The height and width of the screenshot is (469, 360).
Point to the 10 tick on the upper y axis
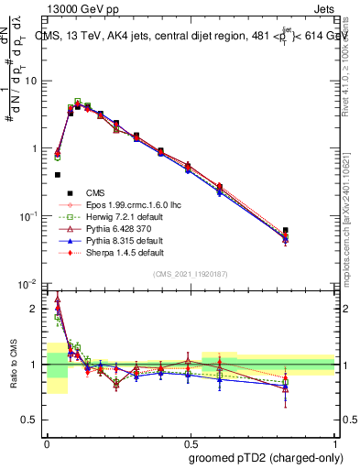click(x=32, y=81)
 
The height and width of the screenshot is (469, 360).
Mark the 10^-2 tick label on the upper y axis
click(x=30, y=284)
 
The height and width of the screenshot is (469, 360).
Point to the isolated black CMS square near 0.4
click(x=58, y=174)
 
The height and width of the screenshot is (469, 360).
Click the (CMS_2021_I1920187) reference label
click(x=191, y=274)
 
